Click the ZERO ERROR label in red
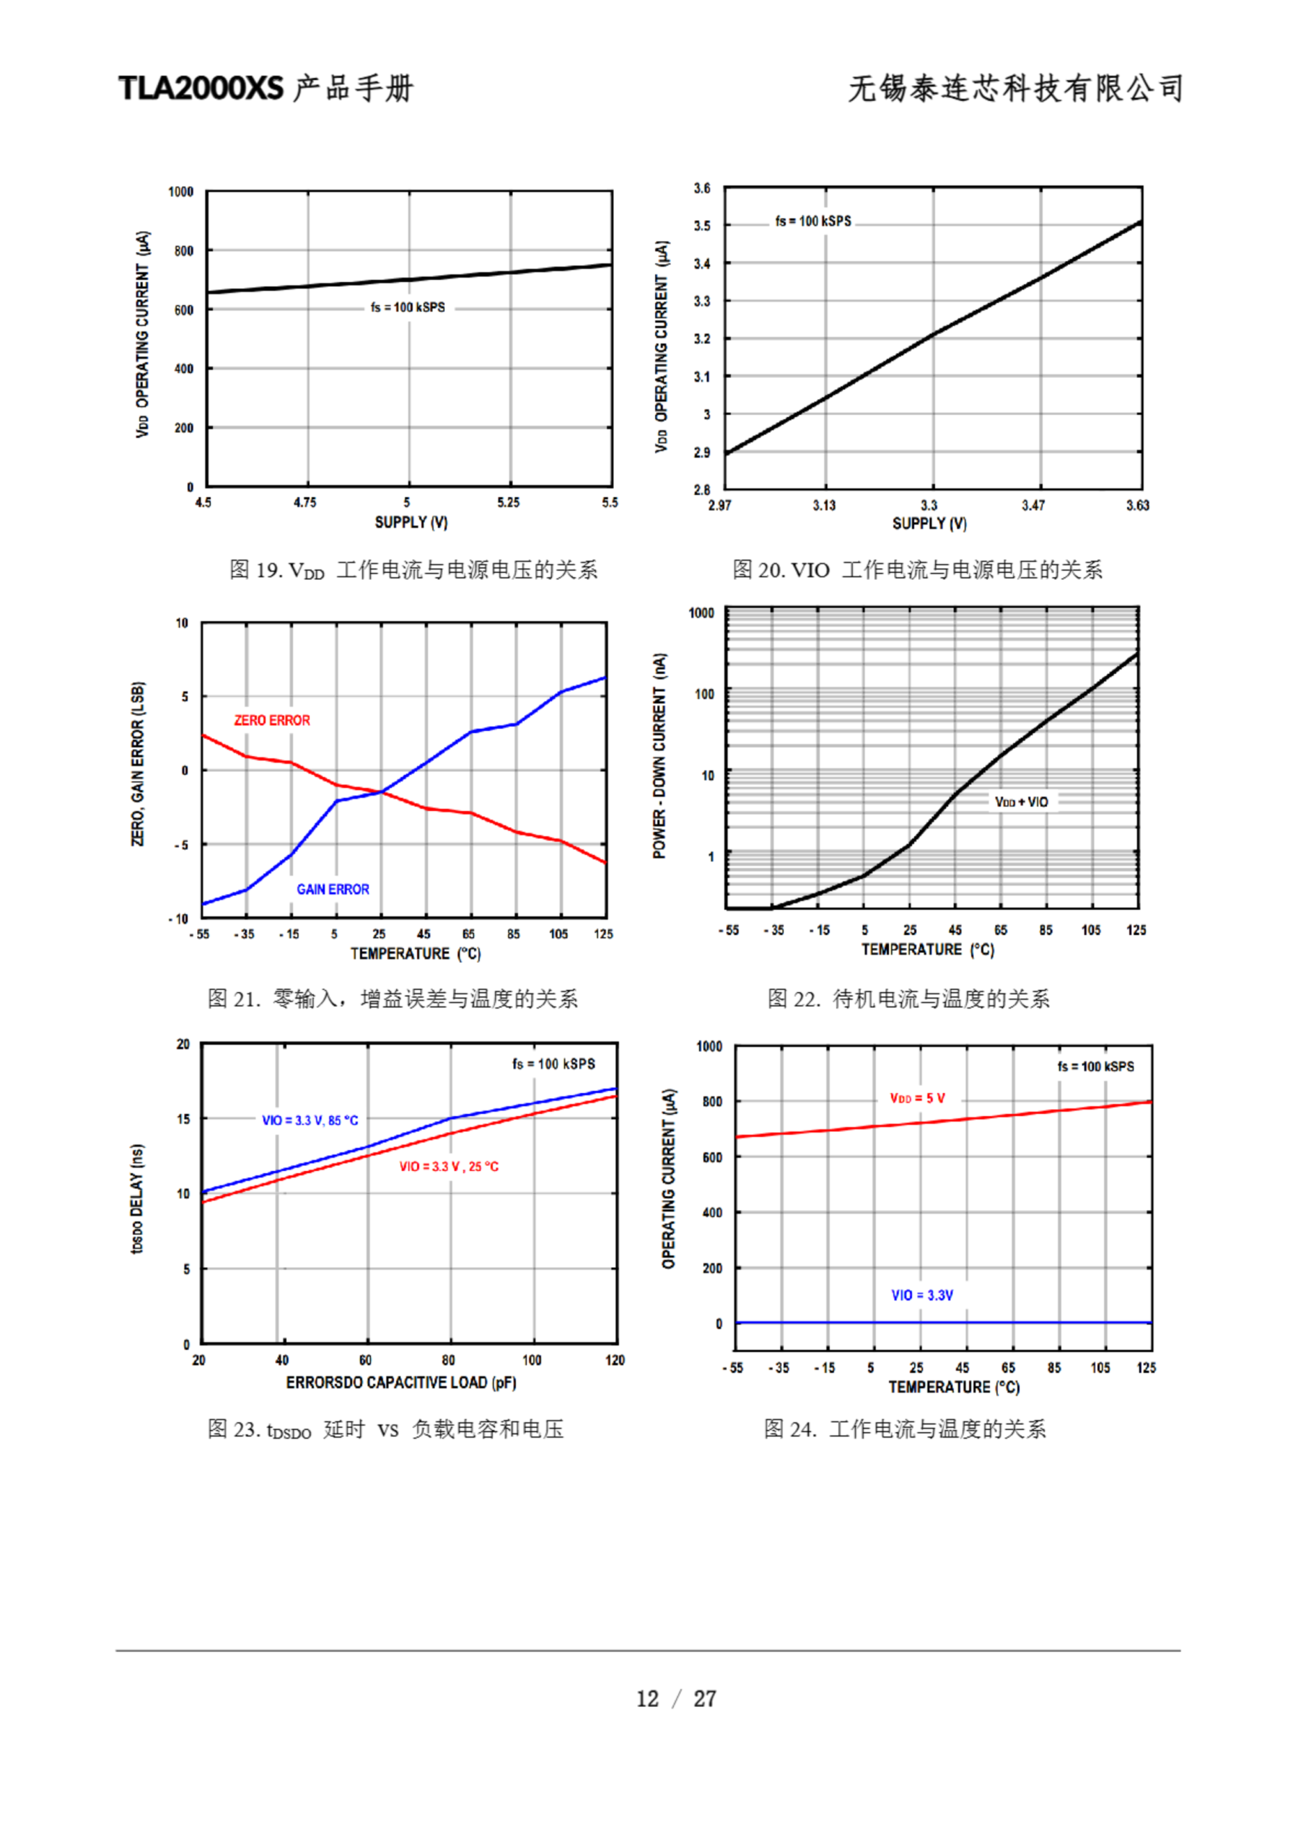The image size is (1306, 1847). tap(272, 720)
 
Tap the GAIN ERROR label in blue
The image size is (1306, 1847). tap(333, 889)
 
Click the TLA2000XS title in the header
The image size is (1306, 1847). tap(201, 88)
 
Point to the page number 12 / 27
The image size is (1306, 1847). tap(676, 1698)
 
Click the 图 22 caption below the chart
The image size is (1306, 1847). tap(908, 999)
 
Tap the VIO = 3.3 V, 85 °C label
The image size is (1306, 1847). tap(310, 1120)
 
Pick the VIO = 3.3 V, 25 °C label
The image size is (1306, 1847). tap(449, 1167)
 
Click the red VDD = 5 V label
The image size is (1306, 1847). tap(917, 1098)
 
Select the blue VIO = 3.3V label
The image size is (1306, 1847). tap(921, 1295)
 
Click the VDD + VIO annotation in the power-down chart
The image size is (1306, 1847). tap(1021, 802)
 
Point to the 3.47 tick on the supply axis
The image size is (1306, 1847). tap(1033, 505)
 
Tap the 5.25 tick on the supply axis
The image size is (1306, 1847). tap(508, 502)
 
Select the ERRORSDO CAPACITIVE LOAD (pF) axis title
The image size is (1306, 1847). tap(400, 1382)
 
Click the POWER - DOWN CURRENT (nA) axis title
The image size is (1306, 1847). tap(659, 755)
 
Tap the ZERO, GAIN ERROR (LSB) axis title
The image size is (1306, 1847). tap(139, 763)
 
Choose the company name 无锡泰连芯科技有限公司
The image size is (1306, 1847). tap(1015, 88)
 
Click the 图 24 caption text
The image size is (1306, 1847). tap(905, 1429)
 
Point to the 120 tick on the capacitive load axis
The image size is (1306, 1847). tap(615, 1359)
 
